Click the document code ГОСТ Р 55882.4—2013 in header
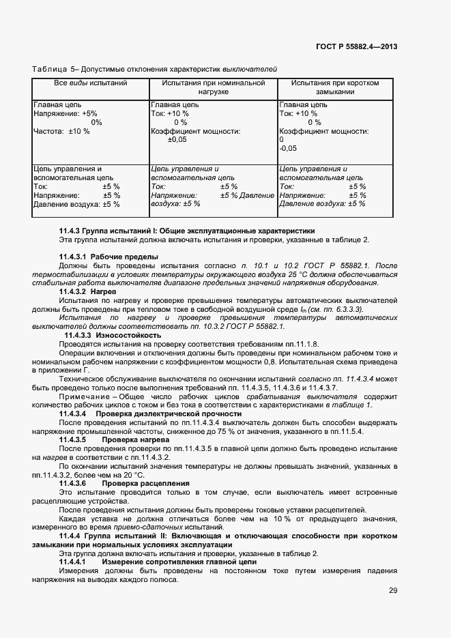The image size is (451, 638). (358, 46)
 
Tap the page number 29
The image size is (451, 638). (393, 591)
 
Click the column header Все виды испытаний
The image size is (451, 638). (91, 83)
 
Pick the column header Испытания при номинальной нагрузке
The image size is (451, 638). (213, 87)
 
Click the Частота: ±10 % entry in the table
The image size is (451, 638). (61, 131)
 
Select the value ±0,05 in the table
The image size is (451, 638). (177, 139)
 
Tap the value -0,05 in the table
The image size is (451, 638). (288, 148)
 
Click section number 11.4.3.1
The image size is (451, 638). (78, 257)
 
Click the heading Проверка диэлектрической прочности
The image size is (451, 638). (169, 414)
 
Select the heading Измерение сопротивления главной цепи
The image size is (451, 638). (171, 561)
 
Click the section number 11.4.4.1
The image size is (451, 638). (78, 561)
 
